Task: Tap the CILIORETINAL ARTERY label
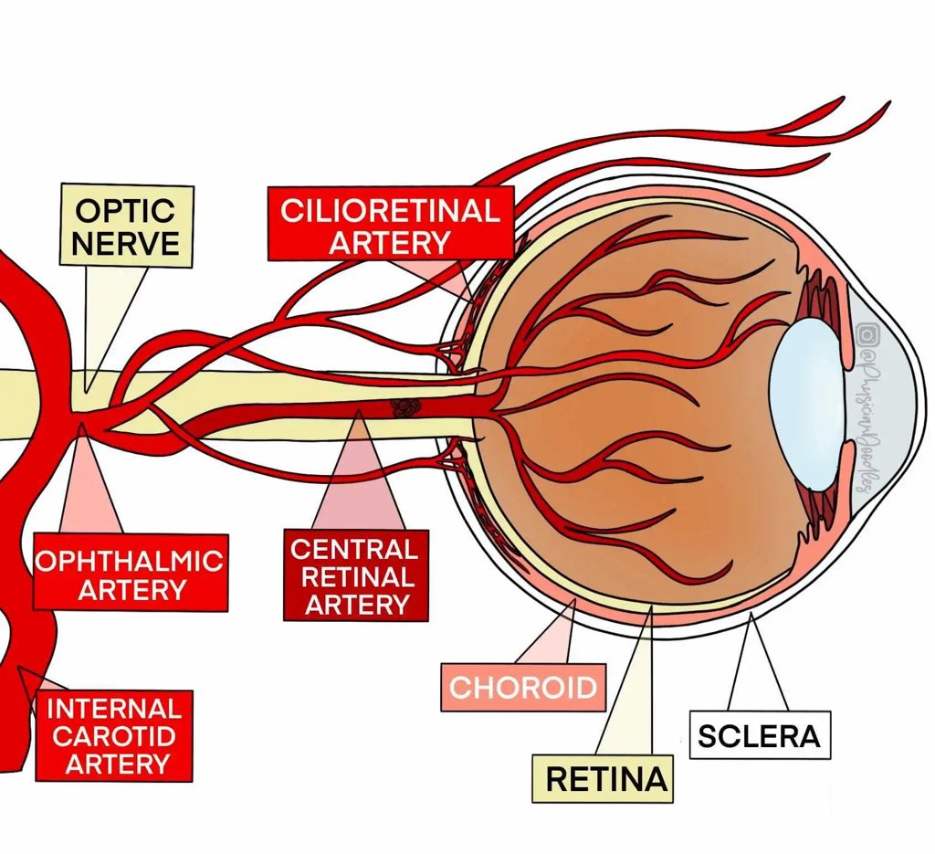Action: coord(390,224)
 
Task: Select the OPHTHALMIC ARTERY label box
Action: coord(129,573)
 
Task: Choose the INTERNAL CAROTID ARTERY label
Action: coord(113,735)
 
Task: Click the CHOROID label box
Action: coord(522,687)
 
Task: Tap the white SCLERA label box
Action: coord(759,734)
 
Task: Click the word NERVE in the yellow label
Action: coord(125,243)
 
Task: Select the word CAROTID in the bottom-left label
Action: coord(113,736)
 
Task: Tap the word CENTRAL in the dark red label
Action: coord(353,549)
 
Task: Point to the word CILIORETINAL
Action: coord(390,211)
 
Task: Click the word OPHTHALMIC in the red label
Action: coord(129,560)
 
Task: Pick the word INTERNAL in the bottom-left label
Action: coord(113,709)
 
